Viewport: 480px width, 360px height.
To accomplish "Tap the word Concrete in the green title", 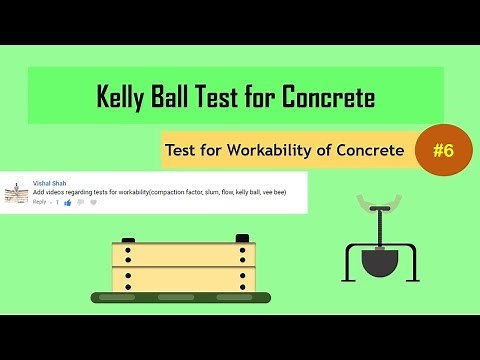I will pos(327,97).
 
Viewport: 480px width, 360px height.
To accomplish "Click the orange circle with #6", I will pos(443,150).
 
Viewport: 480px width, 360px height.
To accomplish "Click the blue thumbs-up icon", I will pos(67,203).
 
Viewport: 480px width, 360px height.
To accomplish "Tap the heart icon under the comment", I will pos(93,203).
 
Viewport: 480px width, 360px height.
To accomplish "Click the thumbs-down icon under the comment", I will pos(80,203).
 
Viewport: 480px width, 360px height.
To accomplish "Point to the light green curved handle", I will pos(381,196).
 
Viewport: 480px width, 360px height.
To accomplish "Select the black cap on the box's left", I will pos(128,239).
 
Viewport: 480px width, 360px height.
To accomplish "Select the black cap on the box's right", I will pos(241,238).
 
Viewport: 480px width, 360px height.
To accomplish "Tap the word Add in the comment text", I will pos(39,192).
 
